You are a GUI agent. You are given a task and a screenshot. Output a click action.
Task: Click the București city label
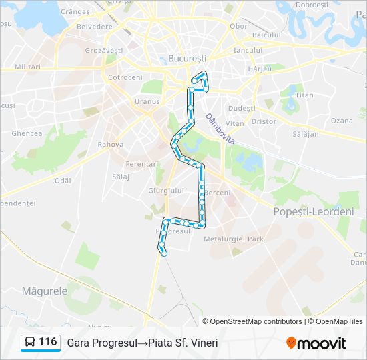187,59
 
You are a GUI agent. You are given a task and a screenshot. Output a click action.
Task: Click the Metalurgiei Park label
234,239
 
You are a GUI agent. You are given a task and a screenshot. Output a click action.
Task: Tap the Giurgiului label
165,191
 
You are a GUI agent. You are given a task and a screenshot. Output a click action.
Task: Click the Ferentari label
142,164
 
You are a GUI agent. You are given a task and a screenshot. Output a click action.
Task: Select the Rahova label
111,144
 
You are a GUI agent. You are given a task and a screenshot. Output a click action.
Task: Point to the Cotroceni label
125,77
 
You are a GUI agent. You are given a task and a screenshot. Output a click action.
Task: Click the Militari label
27,67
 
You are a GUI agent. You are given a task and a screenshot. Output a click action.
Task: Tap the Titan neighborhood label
304,95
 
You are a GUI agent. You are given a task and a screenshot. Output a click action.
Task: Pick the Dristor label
264,122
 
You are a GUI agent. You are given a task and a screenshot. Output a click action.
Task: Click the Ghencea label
27,133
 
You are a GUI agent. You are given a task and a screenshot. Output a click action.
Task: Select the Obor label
238,27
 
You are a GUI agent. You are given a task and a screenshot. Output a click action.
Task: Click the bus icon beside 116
30,343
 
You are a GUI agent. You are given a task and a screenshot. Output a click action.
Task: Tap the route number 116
47,342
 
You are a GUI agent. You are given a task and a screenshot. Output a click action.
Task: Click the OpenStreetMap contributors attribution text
256,321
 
